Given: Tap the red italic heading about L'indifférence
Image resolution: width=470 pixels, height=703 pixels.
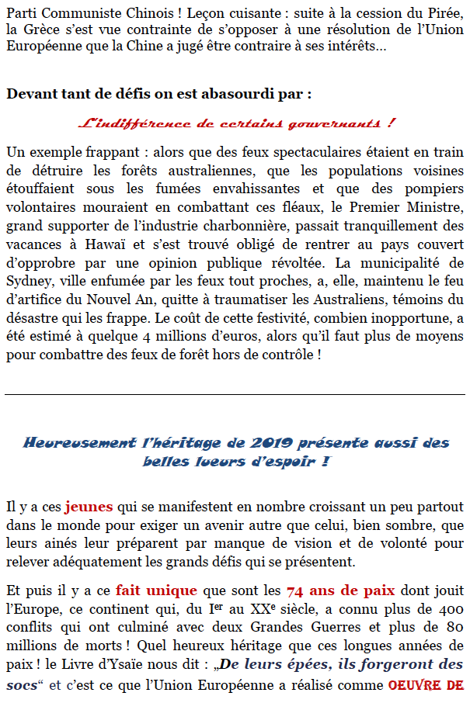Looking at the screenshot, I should point(235,123).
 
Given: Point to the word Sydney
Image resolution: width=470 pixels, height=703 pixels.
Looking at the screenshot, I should point(29,300).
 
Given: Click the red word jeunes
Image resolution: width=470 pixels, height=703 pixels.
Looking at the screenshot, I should point(89,507).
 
